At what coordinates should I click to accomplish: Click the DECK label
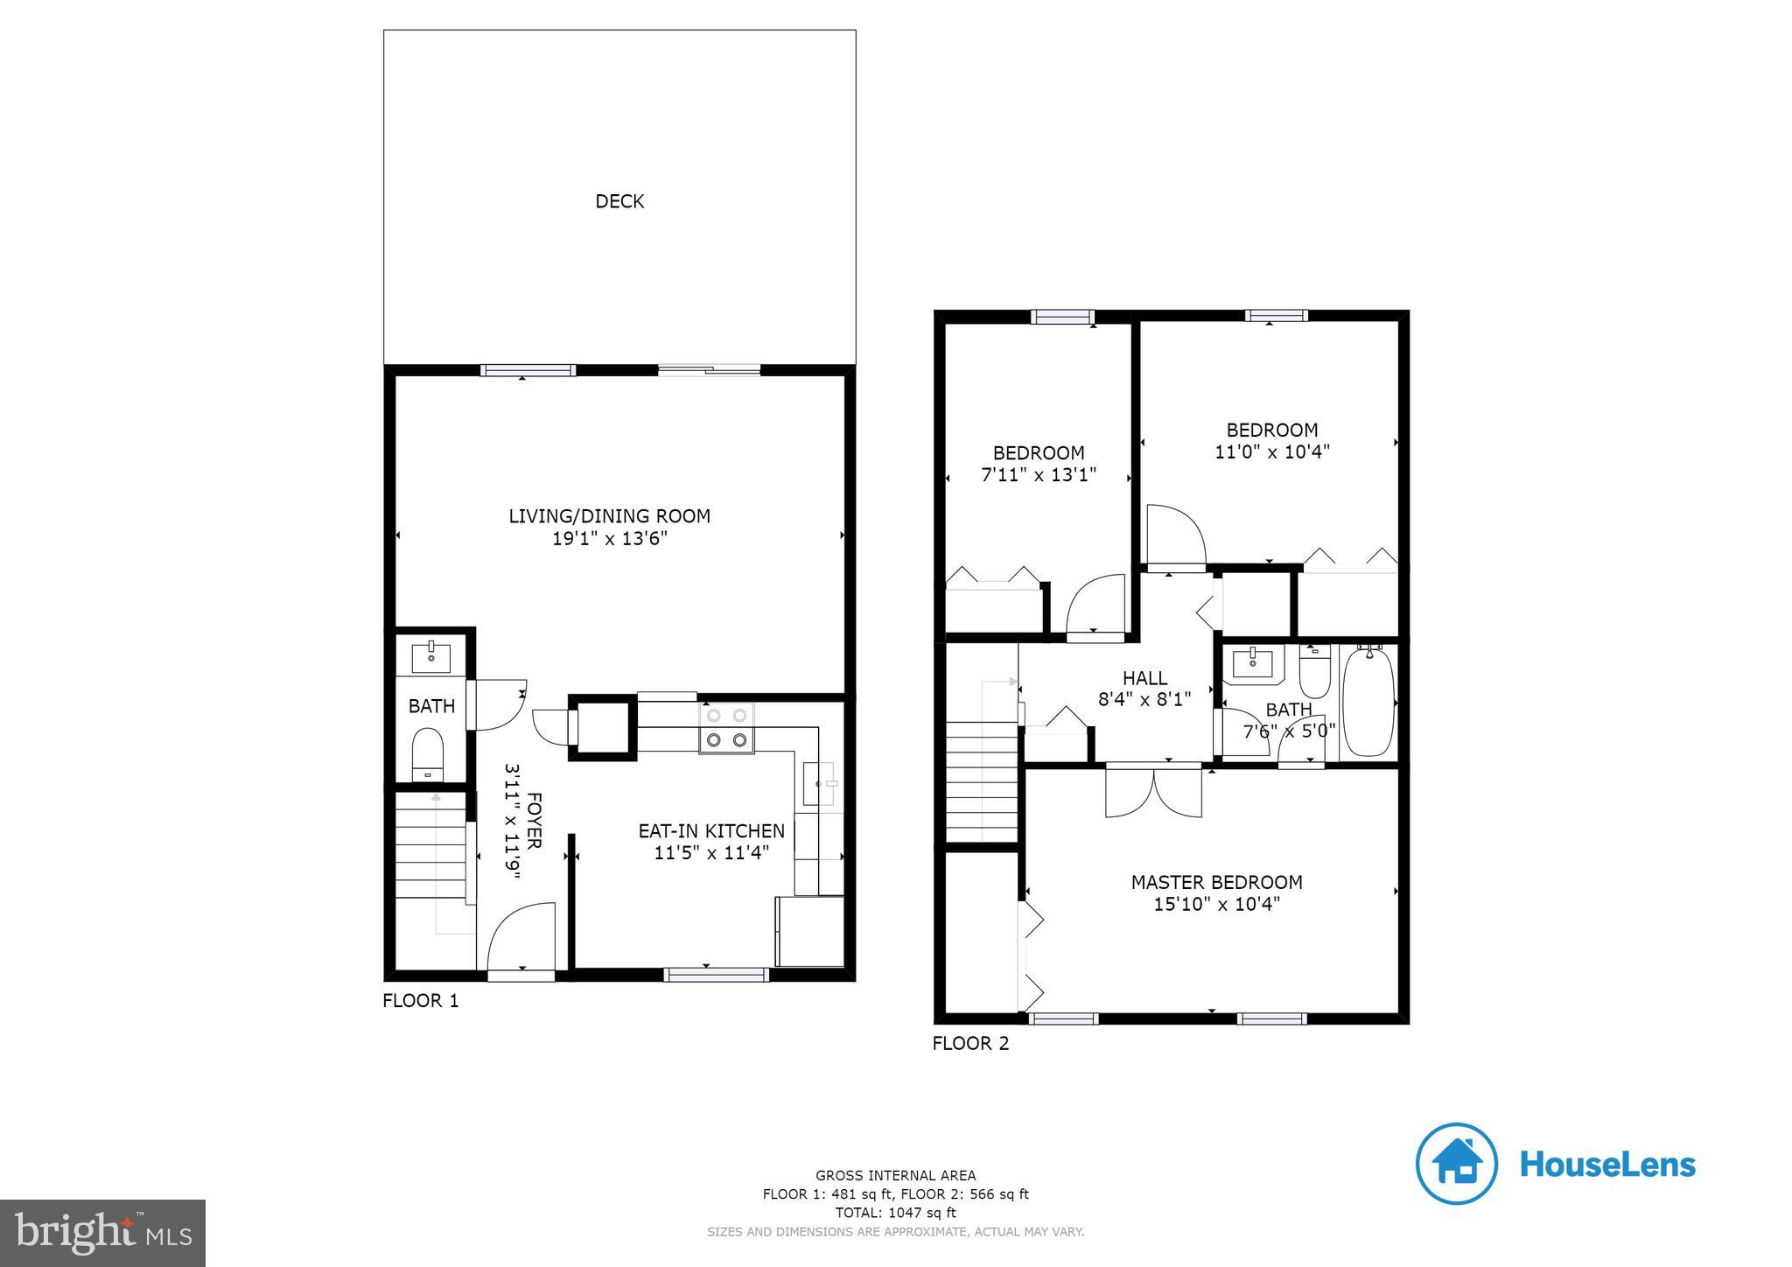619,201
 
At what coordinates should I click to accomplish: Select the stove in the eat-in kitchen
725,728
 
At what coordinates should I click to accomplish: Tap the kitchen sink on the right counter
820,783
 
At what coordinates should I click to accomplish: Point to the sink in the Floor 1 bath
431,656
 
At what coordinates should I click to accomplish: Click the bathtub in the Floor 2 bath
1367,702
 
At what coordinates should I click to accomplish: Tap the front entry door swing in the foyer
521,938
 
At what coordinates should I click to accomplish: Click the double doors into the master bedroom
1153,791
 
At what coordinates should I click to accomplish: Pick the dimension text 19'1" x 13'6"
610,539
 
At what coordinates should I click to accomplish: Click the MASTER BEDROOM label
1216,882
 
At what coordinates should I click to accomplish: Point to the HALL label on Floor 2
1144,678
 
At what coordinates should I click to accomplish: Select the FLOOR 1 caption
420,1001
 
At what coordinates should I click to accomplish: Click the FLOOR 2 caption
970,1044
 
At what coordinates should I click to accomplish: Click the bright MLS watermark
102,1234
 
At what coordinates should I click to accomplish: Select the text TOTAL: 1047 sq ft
895,1213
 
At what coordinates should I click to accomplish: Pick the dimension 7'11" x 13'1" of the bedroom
1039,475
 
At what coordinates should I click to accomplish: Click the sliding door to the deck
709,370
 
